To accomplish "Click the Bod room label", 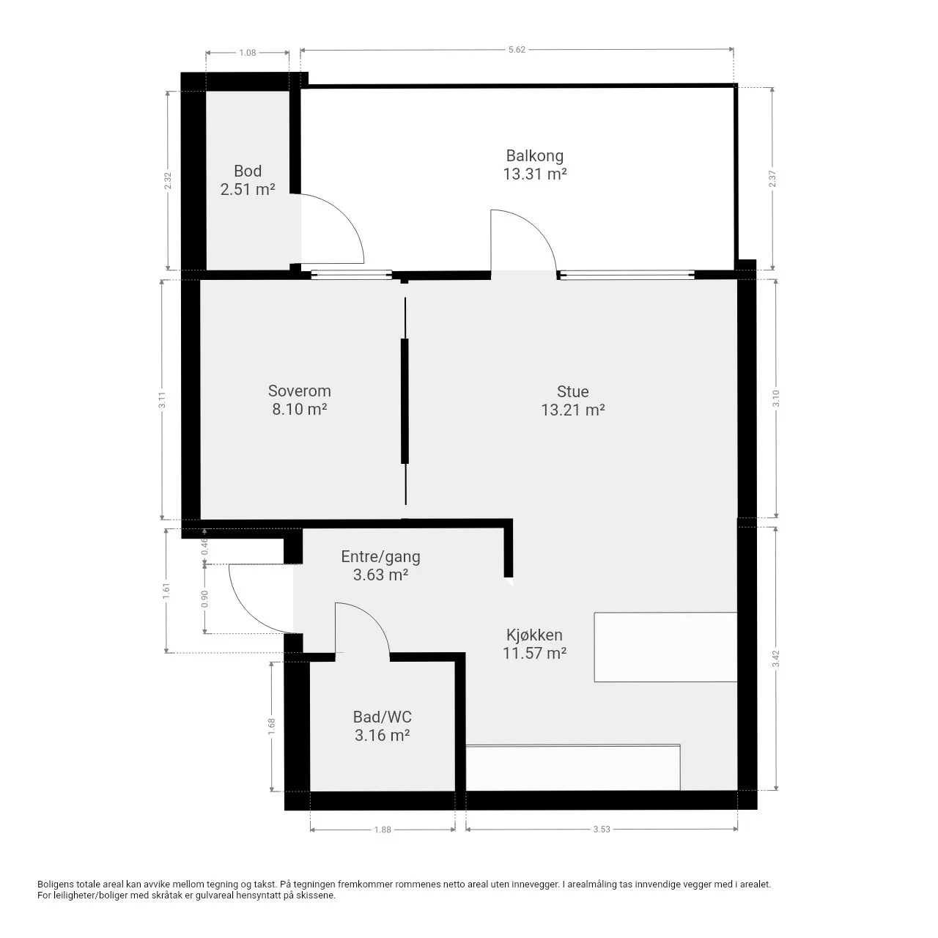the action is pos(247,171).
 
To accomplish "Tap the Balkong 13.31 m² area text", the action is pos(534,174).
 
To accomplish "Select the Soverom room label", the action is pos(300,391).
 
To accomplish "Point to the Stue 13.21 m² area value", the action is pos(573,410).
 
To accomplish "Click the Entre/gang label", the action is pos(380,556).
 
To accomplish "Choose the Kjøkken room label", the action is pos(534,635).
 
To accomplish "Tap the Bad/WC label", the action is pos(382,717).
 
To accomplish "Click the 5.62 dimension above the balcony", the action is pos(517,50).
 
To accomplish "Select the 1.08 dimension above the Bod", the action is pos(247,53).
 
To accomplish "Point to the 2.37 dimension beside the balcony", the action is pos(772,179).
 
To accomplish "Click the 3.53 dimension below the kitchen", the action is pos(602,830).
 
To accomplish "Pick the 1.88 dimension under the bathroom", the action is pos(383,830).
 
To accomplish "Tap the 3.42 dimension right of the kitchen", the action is pos(776,659).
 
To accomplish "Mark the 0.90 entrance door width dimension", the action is pos(204,599).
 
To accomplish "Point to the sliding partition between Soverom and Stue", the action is pos(405,401).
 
